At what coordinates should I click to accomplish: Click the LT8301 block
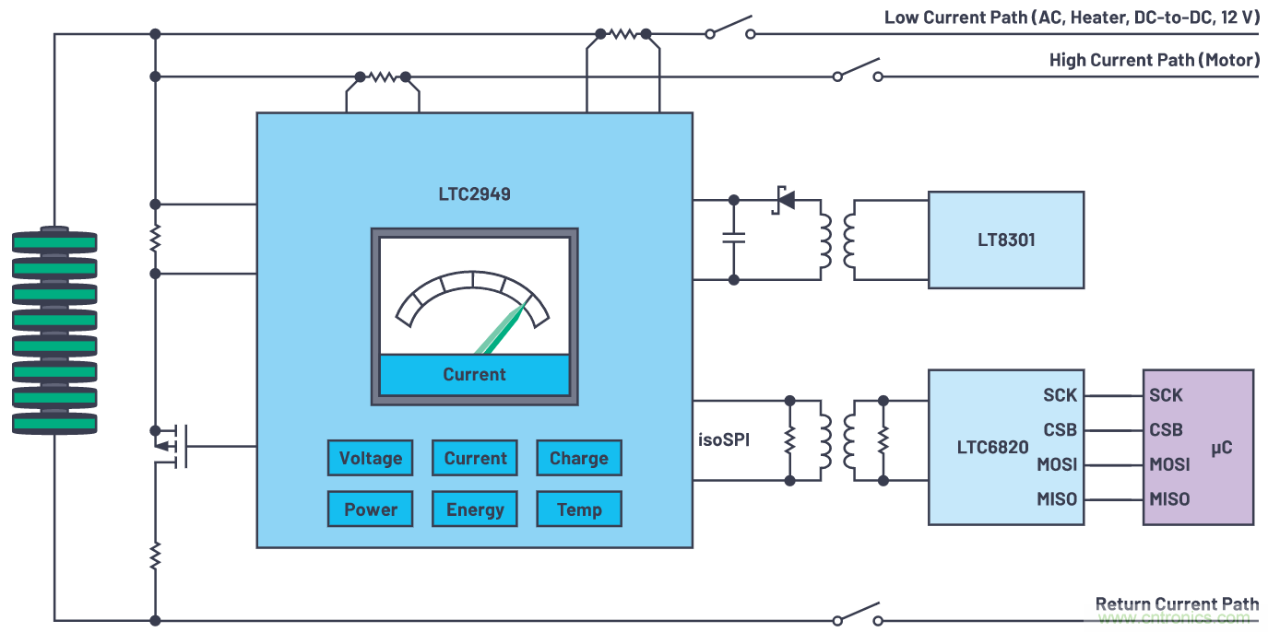click(x=1005, y=240)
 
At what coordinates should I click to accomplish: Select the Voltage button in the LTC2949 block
click(x=371, y=458)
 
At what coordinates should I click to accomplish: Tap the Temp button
click(x=579, y=509)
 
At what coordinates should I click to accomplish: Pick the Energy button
click(x=475, y=509)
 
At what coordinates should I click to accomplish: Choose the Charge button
click(x=579, y=458)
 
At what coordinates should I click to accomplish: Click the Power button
click(x=371, y=509)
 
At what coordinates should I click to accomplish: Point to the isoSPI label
click(x=724, y=440)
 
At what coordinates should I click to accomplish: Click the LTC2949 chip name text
click(x=474, y=194)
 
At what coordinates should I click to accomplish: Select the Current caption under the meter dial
click(x=474, y=375)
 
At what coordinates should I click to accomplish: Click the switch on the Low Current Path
click(x=729, y=28)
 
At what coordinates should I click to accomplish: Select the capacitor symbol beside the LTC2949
click(x=734, y=238)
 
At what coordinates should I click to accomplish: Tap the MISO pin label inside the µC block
click(x=1169, y=499)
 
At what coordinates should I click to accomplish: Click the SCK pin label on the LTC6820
click(x=1061, y=395)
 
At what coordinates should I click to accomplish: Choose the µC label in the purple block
click(x=1221, y=448)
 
